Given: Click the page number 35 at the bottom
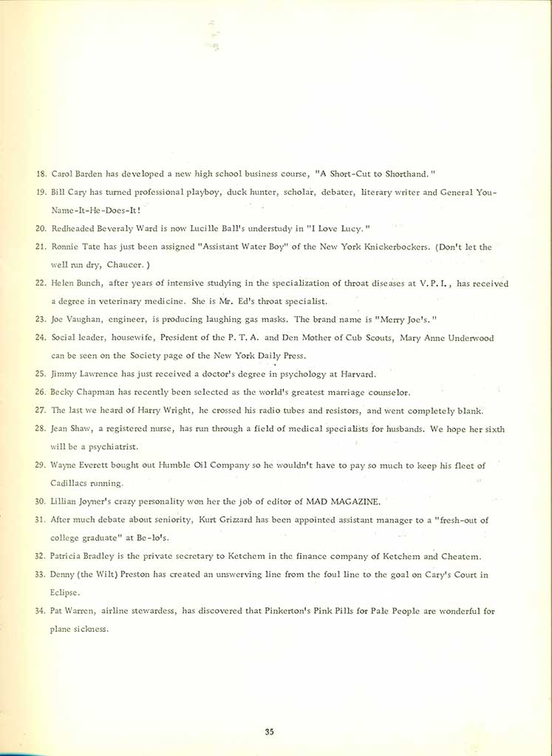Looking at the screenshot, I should (x=270, y=732).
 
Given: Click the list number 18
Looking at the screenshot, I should (x=41, y=173).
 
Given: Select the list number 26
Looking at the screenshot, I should (x=41, y=391).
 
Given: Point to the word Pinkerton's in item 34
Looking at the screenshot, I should (x=279, y=611).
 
